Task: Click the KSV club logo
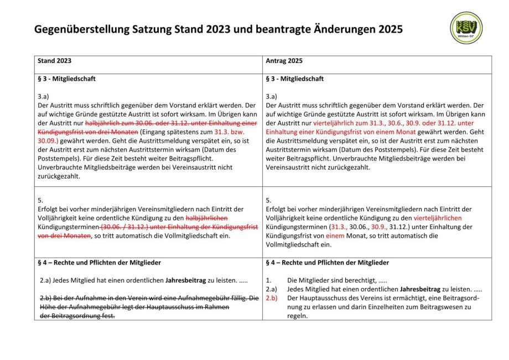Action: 466,28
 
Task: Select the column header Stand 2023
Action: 54,61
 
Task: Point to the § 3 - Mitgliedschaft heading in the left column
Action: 66,79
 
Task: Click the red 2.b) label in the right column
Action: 271,298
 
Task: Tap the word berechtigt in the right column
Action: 355,280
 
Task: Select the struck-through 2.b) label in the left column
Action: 46,298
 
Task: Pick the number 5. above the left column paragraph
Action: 40,200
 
